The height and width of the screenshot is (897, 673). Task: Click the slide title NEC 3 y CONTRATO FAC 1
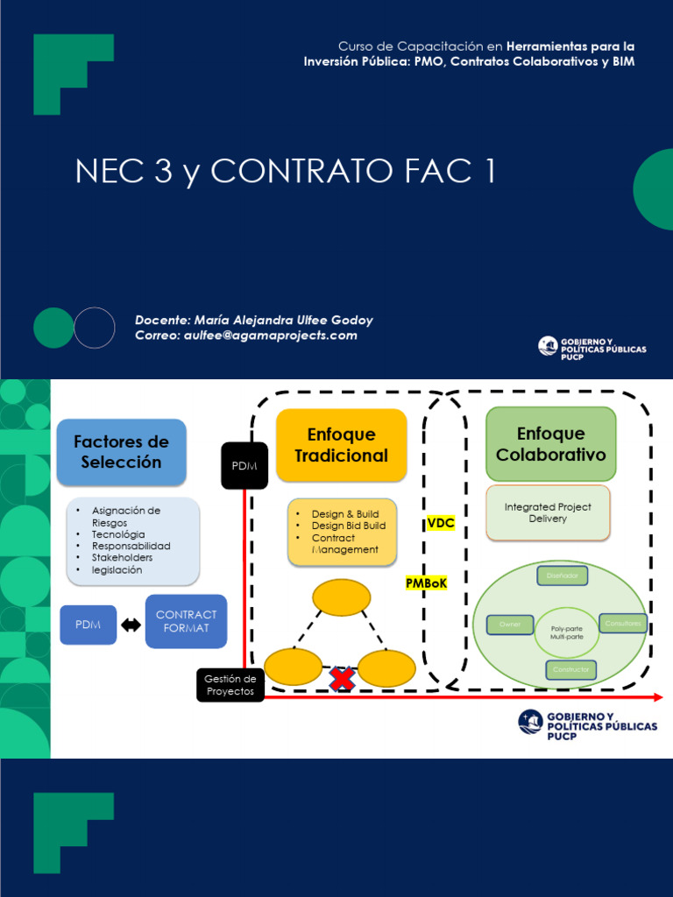(x=286, y=172)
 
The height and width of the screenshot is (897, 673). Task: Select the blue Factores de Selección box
(x=121, y=452)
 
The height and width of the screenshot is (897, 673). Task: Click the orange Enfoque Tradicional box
(x=341, y=445)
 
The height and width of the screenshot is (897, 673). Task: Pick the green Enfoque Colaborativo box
(x=550, y=444)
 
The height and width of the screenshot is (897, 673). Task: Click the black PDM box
(x=244, y=465)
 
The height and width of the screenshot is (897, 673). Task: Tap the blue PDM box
(x=88, y=625)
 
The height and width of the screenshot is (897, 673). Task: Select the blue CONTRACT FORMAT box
(x=186, y=621)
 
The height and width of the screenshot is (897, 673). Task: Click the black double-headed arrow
(x=131, y=625)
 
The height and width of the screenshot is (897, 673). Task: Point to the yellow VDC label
(x=441, y=523)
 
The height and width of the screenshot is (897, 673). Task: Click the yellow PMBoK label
(x=426, y=583)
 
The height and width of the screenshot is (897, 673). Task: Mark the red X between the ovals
(x=341, y=678)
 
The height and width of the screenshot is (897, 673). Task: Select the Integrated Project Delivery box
(x=548, y=513)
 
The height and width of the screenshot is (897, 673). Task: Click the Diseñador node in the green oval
(x=562, y=576)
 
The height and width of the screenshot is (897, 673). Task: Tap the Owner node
(x=510, y=624)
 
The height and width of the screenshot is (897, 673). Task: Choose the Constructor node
(x=571, y=670)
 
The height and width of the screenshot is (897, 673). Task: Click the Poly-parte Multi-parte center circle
(x=566, y=632)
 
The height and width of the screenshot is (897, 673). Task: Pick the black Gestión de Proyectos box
(x=230, y=685)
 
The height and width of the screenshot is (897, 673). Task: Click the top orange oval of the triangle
(x=341, y=597)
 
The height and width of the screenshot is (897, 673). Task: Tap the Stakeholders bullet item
(x=122, y=558)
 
